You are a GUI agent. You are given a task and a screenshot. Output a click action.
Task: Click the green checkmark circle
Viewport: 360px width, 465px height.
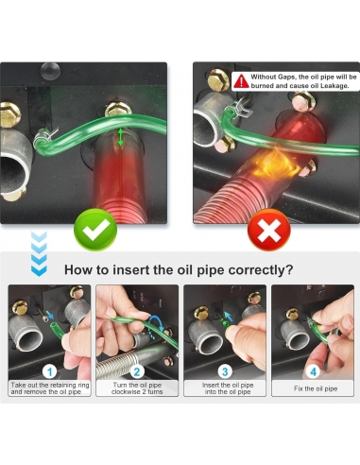tap(95, 230)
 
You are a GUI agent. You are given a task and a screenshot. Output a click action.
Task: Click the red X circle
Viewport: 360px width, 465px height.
tap(269, 230)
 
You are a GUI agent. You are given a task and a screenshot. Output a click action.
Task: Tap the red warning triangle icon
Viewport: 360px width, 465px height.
tap(241, 81)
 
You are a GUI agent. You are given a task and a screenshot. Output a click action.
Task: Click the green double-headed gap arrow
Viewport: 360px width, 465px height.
tap(120, 137)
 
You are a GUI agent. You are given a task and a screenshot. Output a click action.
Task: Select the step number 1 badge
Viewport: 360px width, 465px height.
tap(49, 371)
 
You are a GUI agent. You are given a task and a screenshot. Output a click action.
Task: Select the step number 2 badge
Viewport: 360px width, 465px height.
tap(137, 371)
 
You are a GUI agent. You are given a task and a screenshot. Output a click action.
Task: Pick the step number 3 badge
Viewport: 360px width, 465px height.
tap(225, 371)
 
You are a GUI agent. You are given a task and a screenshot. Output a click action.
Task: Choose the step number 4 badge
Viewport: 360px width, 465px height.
tap(313, 371)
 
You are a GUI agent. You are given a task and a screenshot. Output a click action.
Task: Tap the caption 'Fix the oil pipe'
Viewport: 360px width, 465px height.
tap(316, 388)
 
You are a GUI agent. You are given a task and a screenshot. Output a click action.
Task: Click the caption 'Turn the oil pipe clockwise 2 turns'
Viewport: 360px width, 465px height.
tap(137, 388)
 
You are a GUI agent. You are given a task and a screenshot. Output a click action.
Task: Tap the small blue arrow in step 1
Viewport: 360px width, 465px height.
tap(50, 314)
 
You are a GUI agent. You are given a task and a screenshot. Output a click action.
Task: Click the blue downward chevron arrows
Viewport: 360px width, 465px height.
tap(39, 254)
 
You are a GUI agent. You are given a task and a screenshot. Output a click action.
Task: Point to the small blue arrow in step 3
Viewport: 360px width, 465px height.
tap(228, 315)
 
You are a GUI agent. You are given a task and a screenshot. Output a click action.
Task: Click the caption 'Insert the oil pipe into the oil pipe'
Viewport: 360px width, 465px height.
tap(228, 388)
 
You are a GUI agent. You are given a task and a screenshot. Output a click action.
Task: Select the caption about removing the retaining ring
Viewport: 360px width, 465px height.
tap(50, 388)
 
